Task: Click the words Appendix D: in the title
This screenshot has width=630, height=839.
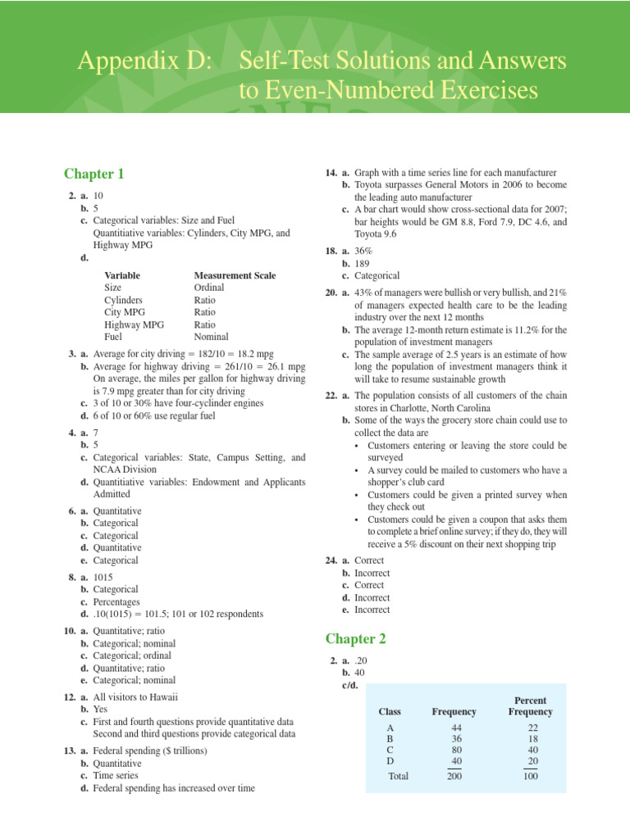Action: click(142, 62)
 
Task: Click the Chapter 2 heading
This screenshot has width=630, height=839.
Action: click(355, 638)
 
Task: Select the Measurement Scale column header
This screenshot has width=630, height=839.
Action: click(235, 275)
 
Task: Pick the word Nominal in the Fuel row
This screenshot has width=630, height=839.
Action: click(212, 337)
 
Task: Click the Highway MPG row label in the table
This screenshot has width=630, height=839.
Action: click(134, 324)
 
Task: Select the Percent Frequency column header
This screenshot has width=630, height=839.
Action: click(530, 706)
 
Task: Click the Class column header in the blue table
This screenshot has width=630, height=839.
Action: click(390, 712)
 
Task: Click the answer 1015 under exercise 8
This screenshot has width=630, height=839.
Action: click(104, 577)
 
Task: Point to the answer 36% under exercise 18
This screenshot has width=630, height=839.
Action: click(363, 252)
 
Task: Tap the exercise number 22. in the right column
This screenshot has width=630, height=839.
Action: click(331, 396)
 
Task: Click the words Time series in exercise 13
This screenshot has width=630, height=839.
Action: click(116, 776)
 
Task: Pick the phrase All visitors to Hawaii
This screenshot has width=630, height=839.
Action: click(135, 697)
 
